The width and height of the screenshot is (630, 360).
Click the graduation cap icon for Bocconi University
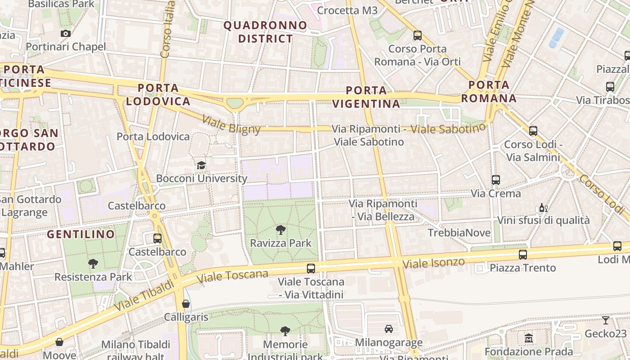click(201, 165)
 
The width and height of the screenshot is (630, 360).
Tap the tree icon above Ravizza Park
click(281, 230)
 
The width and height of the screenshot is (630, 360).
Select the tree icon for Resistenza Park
click(93, 264)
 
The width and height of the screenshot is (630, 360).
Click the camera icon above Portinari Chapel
click(66, 33)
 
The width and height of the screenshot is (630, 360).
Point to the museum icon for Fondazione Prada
click(529, 338)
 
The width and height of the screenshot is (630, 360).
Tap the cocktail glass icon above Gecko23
click(606, 320)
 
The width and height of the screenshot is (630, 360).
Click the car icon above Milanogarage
click(389, 329)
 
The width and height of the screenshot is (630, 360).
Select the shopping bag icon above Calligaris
click(186, 304)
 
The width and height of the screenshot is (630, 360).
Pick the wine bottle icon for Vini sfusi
click(543, 207)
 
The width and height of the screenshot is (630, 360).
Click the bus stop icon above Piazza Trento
click(522, 255)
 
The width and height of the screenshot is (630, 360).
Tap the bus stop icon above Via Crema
click(495, 180)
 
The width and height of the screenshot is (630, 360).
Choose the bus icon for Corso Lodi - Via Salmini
click(533, 131)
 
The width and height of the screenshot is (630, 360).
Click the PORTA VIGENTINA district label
click(366, 97)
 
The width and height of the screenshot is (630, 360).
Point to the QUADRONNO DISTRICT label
click(265, 32)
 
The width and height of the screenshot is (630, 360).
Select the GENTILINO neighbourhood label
click(81, 234)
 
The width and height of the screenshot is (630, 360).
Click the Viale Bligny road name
click(231, 125)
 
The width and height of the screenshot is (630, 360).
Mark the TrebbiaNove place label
click(459, 233)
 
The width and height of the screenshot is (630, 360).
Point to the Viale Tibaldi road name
click(144, 295)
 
